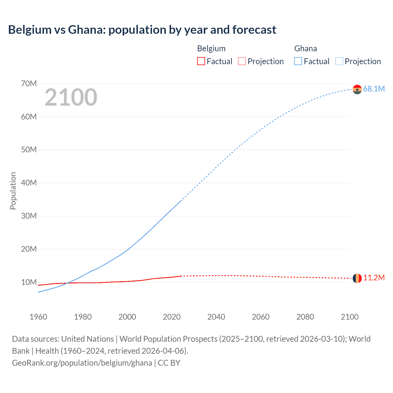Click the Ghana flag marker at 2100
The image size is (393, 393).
click(x=357, y=89)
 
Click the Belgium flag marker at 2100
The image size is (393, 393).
click(x=357, y=278)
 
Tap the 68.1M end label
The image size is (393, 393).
click(x=374, y=89)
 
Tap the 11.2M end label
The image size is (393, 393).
click(x=374, y=278)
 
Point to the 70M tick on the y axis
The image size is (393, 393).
click(x=29, y=84)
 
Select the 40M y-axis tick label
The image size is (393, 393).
click(x=29, y=183)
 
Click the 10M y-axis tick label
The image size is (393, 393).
click(x=29, y=282)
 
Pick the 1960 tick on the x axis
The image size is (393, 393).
click(x=38, y=317)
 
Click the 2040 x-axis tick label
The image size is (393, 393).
click(x=216, y=317)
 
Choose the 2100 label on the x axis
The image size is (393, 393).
click(x=349, y=317)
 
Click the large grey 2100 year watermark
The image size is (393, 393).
click(x=71, y=97)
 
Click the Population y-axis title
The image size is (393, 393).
click(x=13, y=191)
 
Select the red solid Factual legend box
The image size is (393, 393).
click(x=201, y=61)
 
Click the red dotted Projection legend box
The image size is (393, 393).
click(x=242, y=61)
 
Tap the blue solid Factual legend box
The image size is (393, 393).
click(x=298, y=61)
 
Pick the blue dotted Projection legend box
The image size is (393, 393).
click(x=339, y=61)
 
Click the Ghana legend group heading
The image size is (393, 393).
click(x=305, y=49)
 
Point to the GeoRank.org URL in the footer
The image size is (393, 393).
click(x=82, y=363)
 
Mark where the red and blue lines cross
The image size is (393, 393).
click(x=67, y=283)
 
